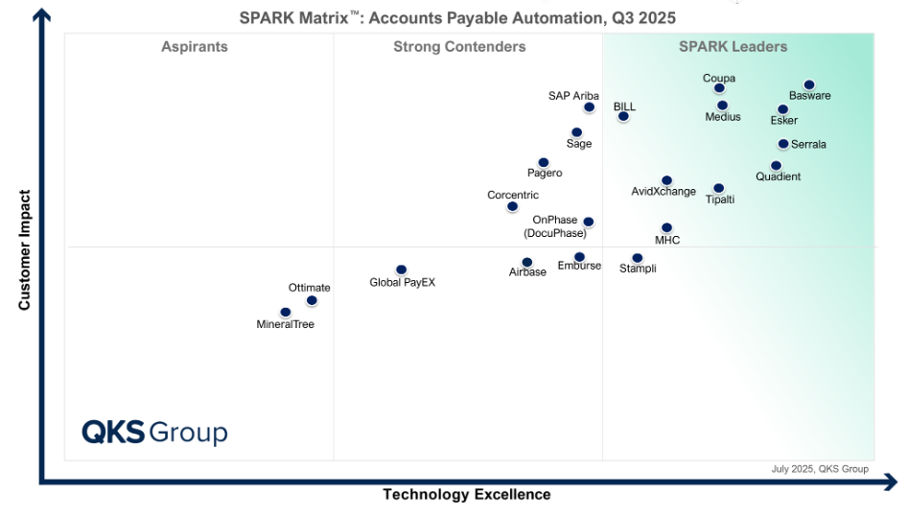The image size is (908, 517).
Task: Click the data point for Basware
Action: click(x=809, y=85)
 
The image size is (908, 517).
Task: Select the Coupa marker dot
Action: click(x=719, y=88)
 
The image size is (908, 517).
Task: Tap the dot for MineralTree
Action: click(x=285, y=313)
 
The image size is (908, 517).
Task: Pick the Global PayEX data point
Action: click(x=401, y=270)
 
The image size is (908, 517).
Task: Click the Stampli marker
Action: click(x=637, y=258)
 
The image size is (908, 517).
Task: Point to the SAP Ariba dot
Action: click(x=589, y=107)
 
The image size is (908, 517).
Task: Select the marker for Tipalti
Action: click(x=718, y=189)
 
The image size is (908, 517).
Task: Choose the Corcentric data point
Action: click(x=512, y=206)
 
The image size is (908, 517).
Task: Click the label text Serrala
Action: click(x=808, y=145)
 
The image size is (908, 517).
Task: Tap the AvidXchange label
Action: click(x=664, y=192)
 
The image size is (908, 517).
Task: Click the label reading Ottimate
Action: click(x=309, y=288)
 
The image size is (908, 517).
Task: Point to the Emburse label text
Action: click(x=579, y=267)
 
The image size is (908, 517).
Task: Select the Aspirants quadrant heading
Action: click(x=195, y=47)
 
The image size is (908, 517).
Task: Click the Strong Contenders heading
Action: click(x=459, y=47)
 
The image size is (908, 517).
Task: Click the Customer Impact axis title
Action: click(x=25, y=249)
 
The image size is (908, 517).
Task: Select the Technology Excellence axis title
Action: click(x=467, y=495)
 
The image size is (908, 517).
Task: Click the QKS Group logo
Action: click(x=154, y=433)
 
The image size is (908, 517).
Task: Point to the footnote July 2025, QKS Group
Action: click(x=820, y=469)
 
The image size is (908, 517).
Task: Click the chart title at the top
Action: click(x=457, y=17)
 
